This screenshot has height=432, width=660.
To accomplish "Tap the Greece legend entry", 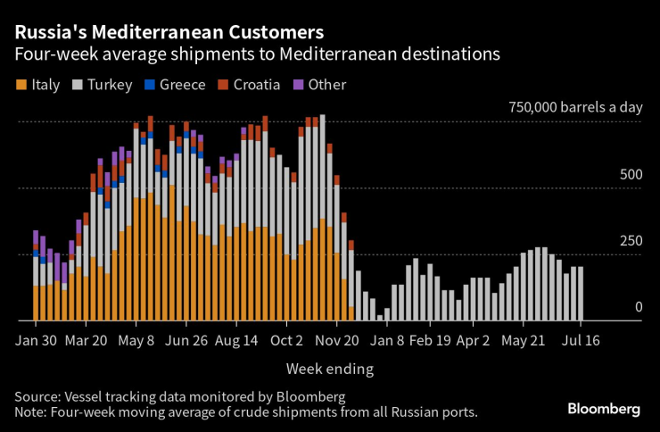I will (x=177, y=85).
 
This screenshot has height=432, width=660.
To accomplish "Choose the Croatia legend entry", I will (x=251, y=85).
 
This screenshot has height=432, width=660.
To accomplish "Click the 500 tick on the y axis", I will (x=630, y=175).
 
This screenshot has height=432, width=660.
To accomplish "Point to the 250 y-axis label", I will (x=630, y=241).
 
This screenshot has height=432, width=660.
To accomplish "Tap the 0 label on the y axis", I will (x=638, y=307).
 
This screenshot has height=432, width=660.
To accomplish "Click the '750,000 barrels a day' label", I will (x=575, y=107).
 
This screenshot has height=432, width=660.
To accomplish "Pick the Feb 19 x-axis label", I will (x=430, y=340).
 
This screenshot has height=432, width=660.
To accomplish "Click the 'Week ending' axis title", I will (x=329, y=368).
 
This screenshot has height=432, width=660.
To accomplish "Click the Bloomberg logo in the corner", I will (x=604, y=409).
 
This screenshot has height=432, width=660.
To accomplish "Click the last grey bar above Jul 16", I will (x=581, y=294).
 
